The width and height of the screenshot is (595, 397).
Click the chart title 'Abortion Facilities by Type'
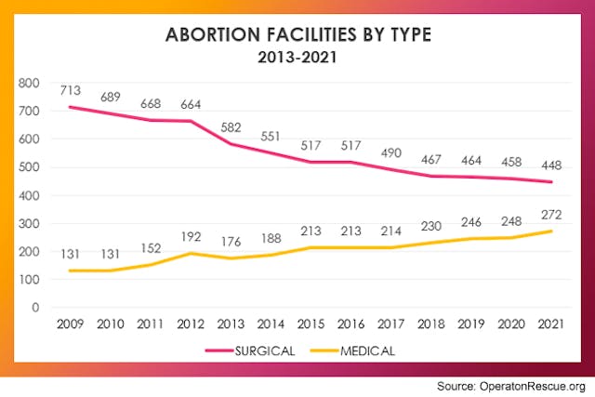297,36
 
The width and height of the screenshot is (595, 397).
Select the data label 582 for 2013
232,127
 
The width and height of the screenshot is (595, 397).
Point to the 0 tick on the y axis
36,307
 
